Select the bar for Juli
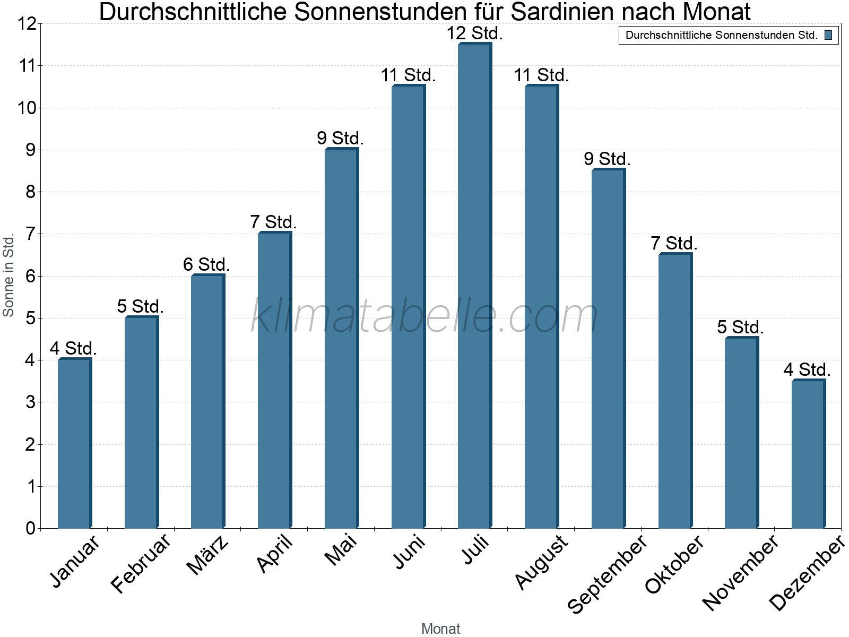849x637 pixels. [474, 287]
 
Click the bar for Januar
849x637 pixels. [74, 443]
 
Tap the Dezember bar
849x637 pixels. [808, 454]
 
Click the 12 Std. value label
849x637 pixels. [474, 33]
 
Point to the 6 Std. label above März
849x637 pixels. [206, 264]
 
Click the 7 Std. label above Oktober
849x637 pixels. [674, 243]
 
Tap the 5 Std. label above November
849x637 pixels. [740, 327]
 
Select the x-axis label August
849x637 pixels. [541, 562]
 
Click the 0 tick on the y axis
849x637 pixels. [30, 528]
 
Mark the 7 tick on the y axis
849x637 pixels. [30, 234]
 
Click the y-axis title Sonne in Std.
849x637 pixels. [8, 276]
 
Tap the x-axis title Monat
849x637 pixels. [440, 629]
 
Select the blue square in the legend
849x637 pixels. [828, 36]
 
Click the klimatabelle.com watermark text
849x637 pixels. [424, 316]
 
